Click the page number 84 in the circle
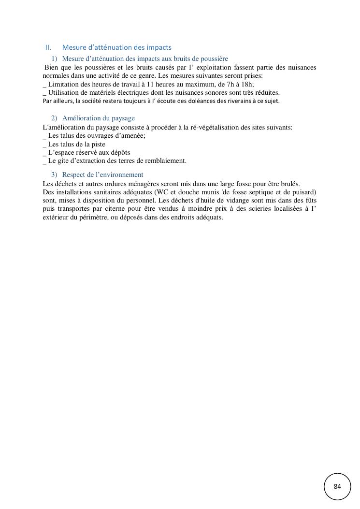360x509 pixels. coord(337,486)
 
